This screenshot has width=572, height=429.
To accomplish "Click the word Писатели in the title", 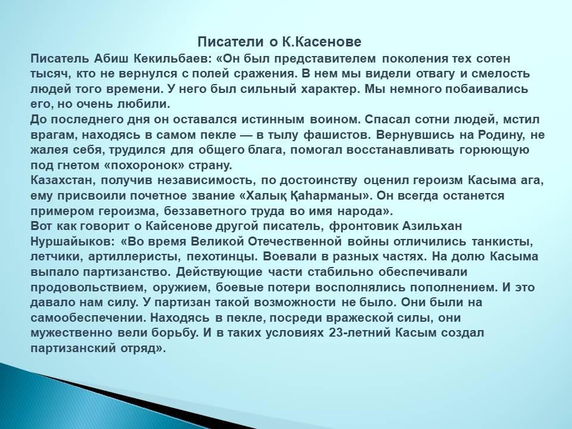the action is (x=230, y=42).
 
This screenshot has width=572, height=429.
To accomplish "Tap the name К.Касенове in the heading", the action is (x=321, y=42).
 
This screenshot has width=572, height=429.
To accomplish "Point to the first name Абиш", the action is (x=111, y=58).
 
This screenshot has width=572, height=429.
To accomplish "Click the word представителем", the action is (x=325, y=58).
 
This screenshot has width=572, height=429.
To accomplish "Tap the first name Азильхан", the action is (x=433, y=226).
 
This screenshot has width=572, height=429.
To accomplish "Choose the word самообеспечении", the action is (x=88, y=318).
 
